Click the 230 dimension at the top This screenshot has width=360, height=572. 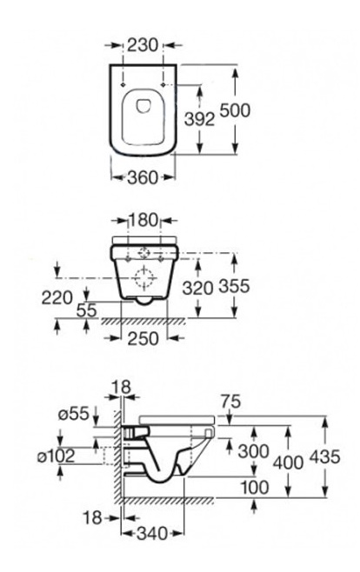[x=143, y=45]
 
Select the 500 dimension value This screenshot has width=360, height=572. [x=235, y=110]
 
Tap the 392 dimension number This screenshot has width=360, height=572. [x=199, y=119]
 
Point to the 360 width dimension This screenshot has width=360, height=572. [x=143, y=177]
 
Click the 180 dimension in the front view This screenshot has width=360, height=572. [x=143, y=220]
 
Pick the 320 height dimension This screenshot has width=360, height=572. [x=197, y=289]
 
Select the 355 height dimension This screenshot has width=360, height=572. [x=234, y=286]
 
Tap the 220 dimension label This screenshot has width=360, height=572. [x=57, y=297]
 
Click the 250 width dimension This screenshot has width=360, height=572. [x=143, y=338]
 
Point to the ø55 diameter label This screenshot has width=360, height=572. [x=73, y=414]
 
